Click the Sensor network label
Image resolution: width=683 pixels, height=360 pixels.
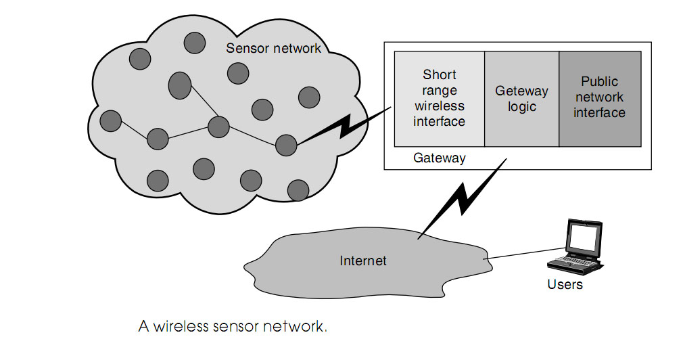[273, 48]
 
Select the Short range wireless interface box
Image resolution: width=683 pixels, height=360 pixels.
[440, 98]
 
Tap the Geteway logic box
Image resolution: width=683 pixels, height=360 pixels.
[521, 98]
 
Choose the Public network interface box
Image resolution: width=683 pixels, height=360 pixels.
[599, 98]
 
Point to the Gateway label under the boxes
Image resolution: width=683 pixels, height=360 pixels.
[439, 158]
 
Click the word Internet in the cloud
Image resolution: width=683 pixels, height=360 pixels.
[363, 260]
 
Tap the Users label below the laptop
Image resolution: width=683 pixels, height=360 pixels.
[565, 284]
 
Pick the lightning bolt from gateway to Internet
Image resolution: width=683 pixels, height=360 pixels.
[467, 196]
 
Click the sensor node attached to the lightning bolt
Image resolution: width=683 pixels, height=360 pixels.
[286, 144]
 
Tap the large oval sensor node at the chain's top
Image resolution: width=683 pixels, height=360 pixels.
[179, 85]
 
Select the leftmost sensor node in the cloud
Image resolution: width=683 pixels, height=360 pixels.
[110, 121]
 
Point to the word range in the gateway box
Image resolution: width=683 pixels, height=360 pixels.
[440, 90]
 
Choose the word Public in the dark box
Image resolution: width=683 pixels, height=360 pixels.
[599, 82]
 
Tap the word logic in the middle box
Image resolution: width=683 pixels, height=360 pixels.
[521, 106]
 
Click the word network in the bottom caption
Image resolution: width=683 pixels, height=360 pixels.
[296, 326]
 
